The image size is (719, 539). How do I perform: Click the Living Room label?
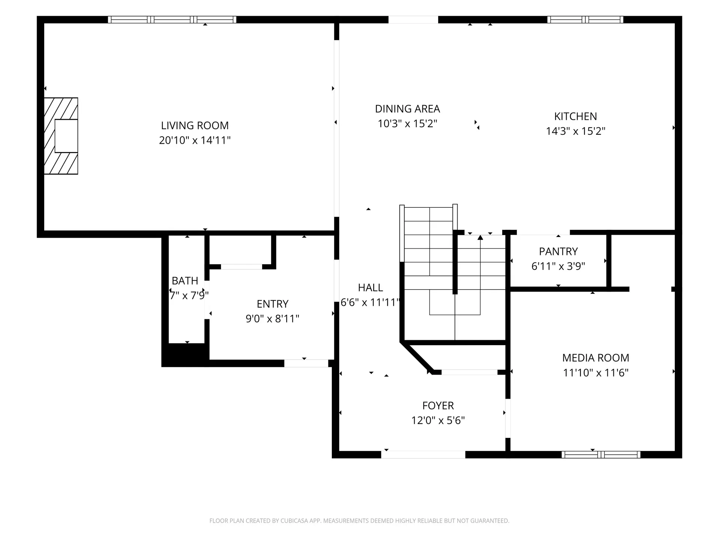pyautogui.click(x=195, y=125)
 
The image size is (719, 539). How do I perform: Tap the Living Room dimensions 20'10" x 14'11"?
pyautogui.click(x=195, y=140)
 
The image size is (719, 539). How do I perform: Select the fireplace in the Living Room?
pyautogui.click(x=61, y=136)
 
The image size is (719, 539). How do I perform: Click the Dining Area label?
pyautogui.click(x=407, y=109)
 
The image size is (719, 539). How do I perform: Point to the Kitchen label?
pyautogui.click(x=576, y=116)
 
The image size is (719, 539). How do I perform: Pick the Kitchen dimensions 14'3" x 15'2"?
pyautogui.click(x=576, y=131)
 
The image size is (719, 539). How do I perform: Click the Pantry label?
pyautogui.click(x=558, y=251)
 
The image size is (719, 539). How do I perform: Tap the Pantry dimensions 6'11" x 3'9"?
pyautogui.click(x=558, y=266)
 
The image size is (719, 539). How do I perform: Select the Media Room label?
pyautogui.click(x=596, y=358)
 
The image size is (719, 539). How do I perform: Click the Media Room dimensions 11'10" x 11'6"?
pyautogui.click(x=596, y=373)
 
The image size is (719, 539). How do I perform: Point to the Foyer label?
pyautogui.click(x=438, y=406)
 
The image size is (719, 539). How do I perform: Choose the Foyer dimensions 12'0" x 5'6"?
pyautogui.click(x=438, y=421)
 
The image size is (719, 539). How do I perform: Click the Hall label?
pyautogui.click(x=370, y=287)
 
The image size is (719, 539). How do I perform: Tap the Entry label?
pyautogui.click(x=273, y=304)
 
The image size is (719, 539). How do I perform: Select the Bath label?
pyautogui.click(x=185, y=281)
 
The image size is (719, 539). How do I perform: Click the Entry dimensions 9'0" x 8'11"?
pyautogui.click(x=273, y=319)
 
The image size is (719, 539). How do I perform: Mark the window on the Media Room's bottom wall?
pyautogui.click(x=601, y=454)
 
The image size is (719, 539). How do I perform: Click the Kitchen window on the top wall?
pyautogui.click(x=585, y=19)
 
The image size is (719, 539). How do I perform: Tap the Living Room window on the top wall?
pyautogui.click(x=172, y=19)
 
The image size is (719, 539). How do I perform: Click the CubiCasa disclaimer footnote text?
pyautogui.click(x=359, y=521)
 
